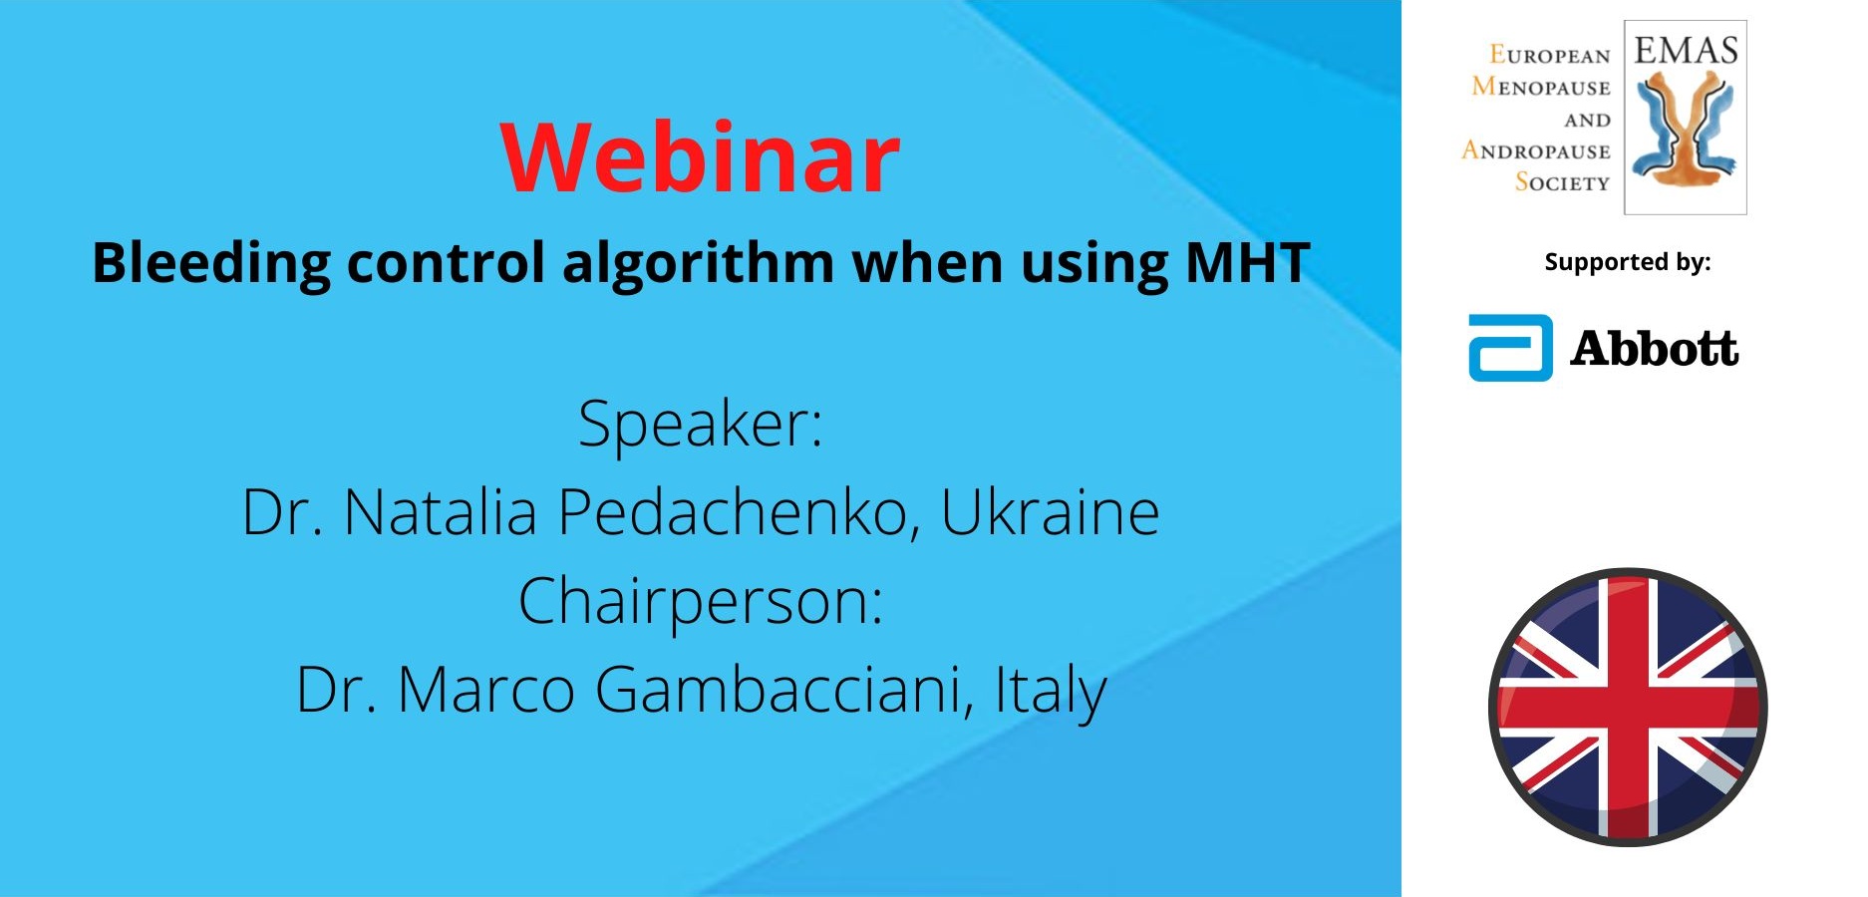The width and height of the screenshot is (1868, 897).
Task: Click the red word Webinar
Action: pyautogui.click(x=701, y=157)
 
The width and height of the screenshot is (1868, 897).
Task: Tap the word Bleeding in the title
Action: pyautogui.click(x=211, y=264)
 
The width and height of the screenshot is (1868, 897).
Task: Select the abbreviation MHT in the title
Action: pyautogui.click(x=1248, y=262)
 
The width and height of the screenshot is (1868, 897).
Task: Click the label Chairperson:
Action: pyautogui.click(x=701, y=603)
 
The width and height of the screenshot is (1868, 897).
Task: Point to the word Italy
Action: pyautogui.click(x=1051, y=691)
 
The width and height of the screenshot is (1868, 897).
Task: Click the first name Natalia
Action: pyautogui.click(x=441, y=512)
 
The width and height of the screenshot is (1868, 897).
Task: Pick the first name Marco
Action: pyautogui.click(x=486, y=690)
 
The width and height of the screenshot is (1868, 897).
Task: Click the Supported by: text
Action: pyautogui.click(x=1628, y=262)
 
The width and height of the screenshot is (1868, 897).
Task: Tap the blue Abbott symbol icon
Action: pyautogui.click(x=1510, y=348)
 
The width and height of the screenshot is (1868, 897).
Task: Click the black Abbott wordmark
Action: pyautogui.click(x=1655, y=348)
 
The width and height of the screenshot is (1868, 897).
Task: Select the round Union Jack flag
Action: pyautogui.click(x=1627, y=708)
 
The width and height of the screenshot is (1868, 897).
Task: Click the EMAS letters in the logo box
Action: pyautogui.click(x=1686, y=50)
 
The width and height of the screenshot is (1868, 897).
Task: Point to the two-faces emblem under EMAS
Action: pyautogui.click(x=1686, y=132)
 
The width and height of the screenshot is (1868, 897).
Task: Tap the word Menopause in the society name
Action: pyautogui.click(x=1541, y=87)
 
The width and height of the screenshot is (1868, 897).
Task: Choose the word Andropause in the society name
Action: pyautogui.click(x=1536, y=150)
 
